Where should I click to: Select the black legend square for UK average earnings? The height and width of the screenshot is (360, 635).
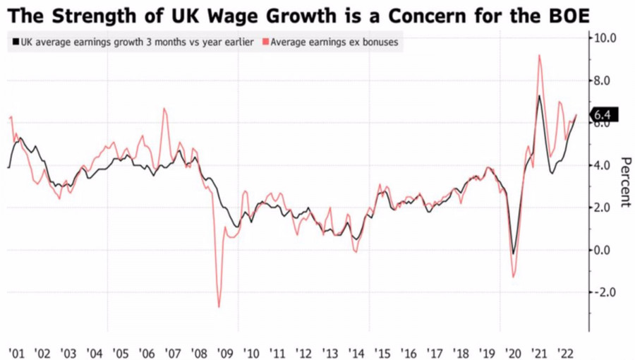point(15,42)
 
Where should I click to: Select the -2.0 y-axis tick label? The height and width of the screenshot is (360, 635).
point(605,292)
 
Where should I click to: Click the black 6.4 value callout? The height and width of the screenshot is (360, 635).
point(603,115)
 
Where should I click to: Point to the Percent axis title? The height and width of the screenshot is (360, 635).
point(624,181)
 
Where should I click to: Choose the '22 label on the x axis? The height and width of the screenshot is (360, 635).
point(564,351)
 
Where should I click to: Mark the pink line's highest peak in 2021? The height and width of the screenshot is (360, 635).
point(540,55)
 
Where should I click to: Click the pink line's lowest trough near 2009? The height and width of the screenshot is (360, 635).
point(219,307)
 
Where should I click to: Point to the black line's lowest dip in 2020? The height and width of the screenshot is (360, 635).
point(514,253)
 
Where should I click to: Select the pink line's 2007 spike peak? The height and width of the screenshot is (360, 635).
point(164,109)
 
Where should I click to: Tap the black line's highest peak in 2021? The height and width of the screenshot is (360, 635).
point(539,96)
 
